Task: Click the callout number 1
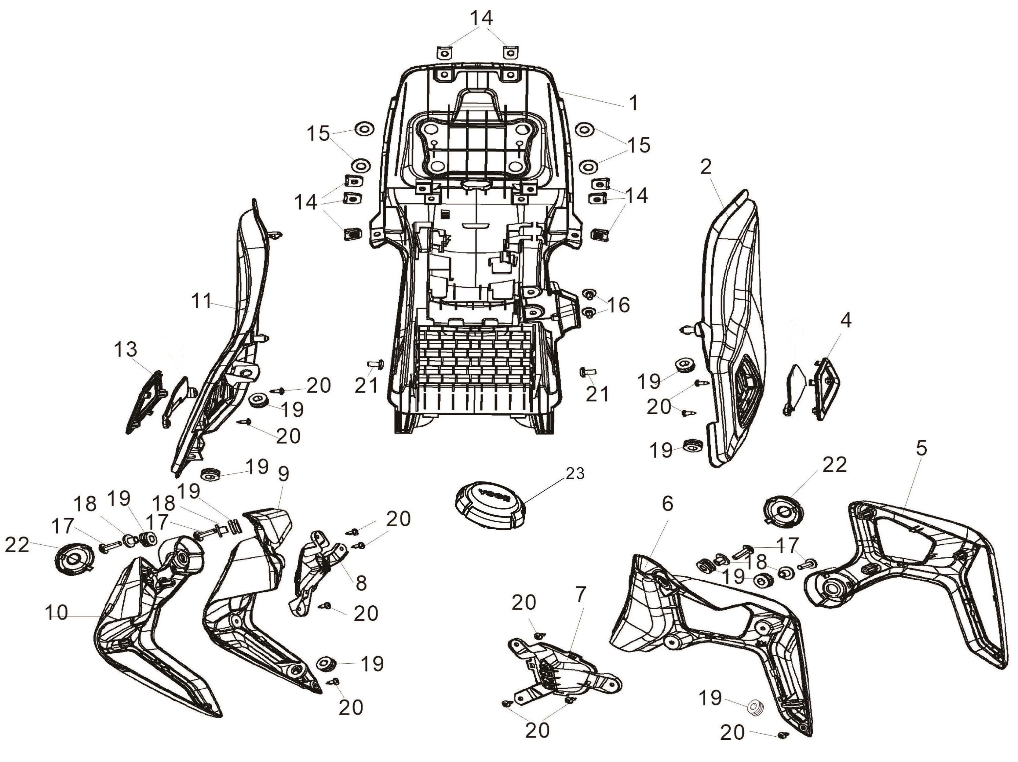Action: tap(634, 103)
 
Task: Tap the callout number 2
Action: tap(706, 167)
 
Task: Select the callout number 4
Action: tap(846, 320)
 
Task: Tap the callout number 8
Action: tap(361, 583)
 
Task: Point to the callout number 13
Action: tap(126, 350)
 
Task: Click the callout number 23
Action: tap(575, 473)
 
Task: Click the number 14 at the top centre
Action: tap(481, 18)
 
